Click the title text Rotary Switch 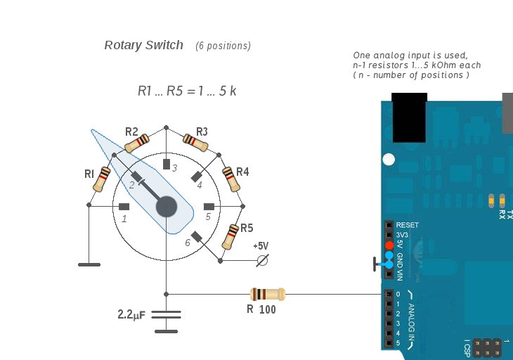(143, 45)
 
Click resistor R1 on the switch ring (103, 178)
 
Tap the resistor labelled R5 (231, 238)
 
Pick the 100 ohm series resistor (267, 294)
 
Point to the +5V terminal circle (263, 261)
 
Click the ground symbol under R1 (89, 264)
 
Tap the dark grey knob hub (167, 207)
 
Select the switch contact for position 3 (167, 165)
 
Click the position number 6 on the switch (188, 243)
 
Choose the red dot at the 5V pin (389, 245)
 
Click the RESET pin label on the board (408, 225)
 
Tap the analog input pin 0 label (398, 294)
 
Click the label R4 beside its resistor (242, 172)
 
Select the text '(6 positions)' (223, 46)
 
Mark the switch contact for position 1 (124, 207)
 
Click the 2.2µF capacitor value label (131, 315)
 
